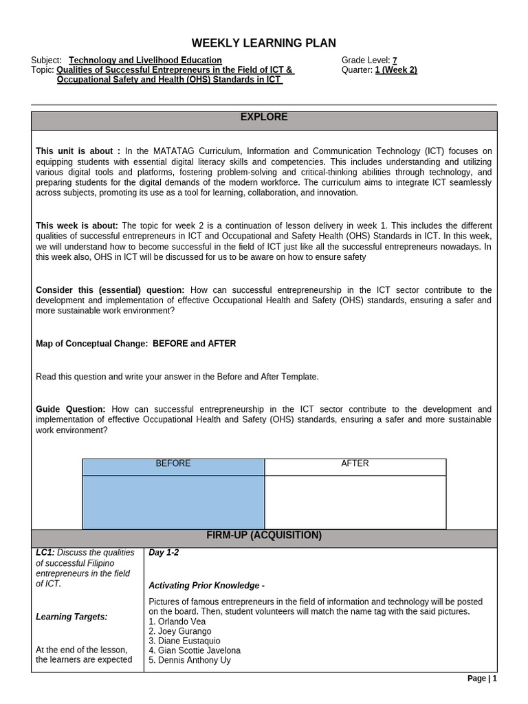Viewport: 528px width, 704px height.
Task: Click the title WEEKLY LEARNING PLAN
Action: [263, 43]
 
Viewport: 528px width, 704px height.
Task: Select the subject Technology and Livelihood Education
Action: [145, 60]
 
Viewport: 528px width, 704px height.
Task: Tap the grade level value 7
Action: [395, 60]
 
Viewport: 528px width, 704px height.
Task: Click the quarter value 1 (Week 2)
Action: [396, 70]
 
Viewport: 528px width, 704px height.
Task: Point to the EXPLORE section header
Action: [263, 118]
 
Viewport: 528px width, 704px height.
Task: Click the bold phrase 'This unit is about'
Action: [78, 151]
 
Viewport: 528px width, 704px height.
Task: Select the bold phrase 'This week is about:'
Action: [77, 226]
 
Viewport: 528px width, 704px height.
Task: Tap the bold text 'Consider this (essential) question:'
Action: [110, 291]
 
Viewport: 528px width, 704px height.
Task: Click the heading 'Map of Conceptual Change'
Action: [91, 344]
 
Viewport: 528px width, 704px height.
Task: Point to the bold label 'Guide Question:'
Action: [71, 409]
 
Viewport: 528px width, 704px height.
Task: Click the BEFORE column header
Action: [173, 464]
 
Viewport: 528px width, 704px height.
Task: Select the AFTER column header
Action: [355, 464]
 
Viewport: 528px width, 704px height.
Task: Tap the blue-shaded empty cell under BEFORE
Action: [173, 502]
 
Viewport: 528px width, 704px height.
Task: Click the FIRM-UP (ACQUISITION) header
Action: [263, 536]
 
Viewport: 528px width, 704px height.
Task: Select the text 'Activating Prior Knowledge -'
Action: [207, 586]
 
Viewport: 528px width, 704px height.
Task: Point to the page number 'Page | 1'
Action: [481, 679]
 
